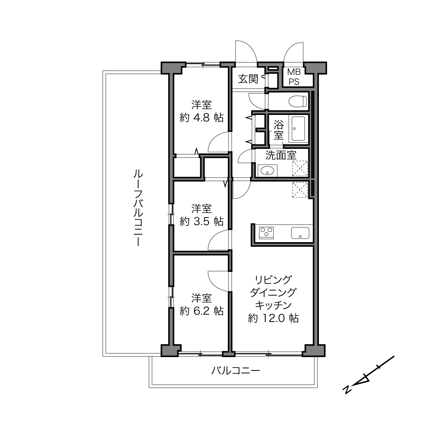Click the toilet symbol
coord(298,102)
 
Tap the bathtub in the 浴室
coord(298,129)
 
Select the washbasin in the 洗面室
coord(267,171)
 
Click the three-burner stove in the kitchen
coord(266,233)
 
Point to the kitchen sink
coord(300,233)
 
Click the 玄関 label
coord(248,79)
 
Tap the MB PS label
coord(294,77)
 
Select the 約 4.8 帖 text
coord(202,117)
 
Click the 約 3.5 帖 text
coord(202,221)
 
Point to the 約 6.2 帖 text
coord(202,311)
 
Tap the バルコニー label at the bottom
coord(235,370)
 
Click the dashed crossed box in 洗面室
coord(300,169)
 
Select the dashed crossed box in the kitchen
coord(300,190)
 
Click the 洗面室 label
coord(281,155)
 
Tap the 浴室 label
coord(279,130)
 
